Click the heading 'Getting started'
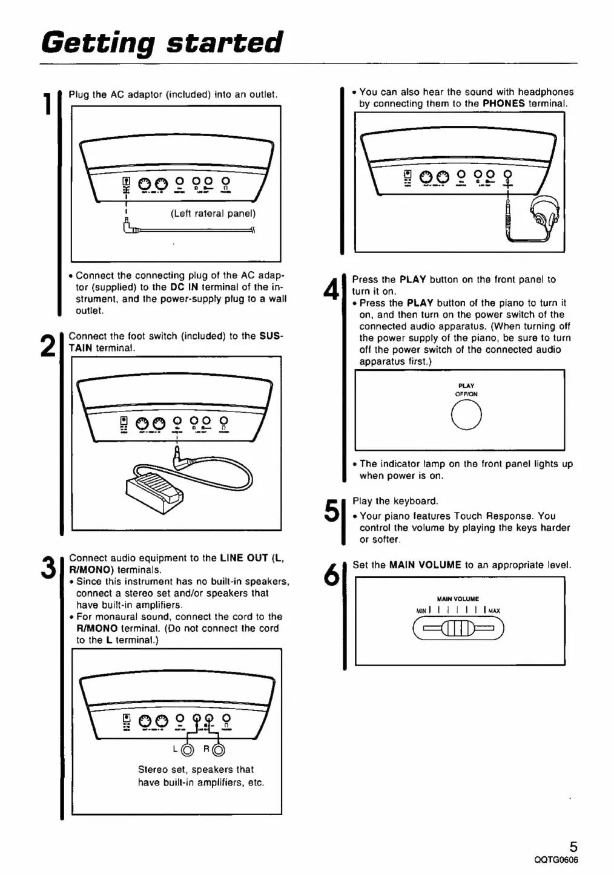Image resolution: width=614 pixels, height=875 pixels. [x=162, y=42]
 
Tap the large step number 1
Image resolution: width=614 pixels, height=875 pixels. [x=46, y=103]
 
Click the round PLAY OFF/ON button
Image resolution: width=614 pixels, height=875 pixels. [x=466, y=416]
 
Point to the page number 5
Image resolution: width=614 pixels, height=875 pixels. [x=573, y=846]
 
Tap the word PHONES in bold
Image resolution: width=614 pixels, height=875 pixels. [x=503, y=103]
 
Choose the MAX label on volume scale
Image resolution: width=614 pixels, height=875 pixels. [x=495, y=611]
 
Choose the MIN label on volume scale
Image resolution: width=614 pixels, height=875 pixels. [x=421, y=611]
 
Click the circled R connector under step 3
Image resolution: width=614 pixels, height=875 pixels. [x=219, y=750]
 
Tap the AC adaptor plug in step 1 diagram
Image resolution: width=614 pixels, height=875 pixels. [x=129, y=228]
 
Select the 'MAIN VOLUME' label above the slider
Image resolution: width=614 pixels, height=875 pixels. [x=458, y=599]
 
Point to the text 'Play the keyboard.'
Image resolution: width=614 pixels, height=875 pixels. [x=395, y=501]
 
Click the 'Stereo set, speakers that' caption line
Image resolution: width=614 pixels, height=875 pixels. [x=196, y=770]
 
